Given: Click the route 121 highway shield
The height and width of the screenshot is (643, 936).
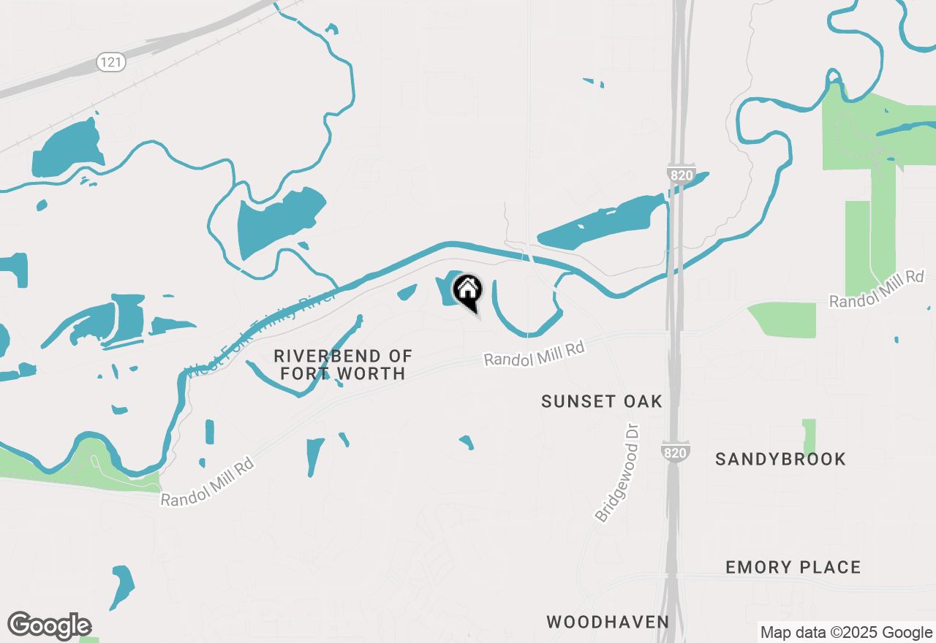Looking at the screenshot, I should tap(110, 62).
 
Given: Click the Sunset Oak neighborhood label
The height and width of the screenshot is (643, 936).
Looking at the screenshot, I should tap(602, 401).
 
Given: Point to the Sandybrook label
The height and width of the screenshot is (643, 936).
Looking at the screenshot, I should tap(780, 459).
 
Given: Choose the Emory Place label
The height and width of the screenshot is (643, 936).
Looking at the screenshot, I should tap(793, 567).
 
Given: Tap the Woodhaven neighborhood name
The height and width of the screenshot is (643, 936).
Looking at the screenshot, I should tap(608, 622).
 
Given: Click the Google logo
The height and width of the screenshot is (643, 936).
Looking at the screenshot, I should tap(49, 626).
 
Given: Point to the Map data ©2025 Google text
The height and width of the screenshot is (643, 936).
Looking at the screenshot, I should tap(846, 633).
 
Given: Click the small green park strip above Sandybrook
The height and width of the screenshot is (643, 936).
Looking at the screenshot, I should tap(809, 437).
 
